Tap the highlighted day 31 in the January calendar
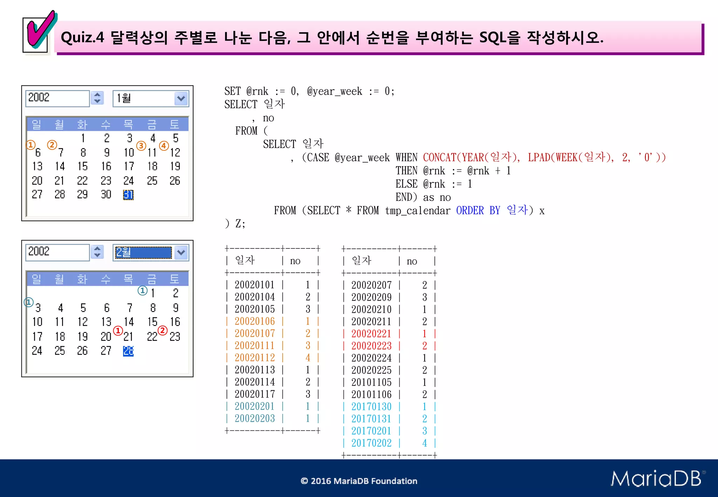[128, 195]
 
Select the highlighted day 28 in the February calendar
[128, 351]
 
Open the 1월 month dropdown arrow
[181, 98]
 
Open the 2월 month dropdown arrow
[181, 253]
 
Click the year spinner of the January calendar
[97, 98]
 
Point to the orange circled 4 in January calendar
[164, 145]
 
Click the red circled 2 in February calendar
[163, 331]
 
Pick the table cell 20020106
[255, 321]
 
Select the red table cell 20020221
[371, 334]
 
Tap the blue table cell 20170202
[371, 443]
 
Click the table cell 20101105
[371, 382]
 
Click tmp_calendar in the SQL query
[417, 211]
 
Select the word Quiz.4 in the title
[82, 37]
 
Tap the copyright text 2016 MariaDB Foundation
[359, 481]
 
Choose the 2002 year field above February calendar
[57, 252]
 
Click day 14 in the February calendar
[129, 322]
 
